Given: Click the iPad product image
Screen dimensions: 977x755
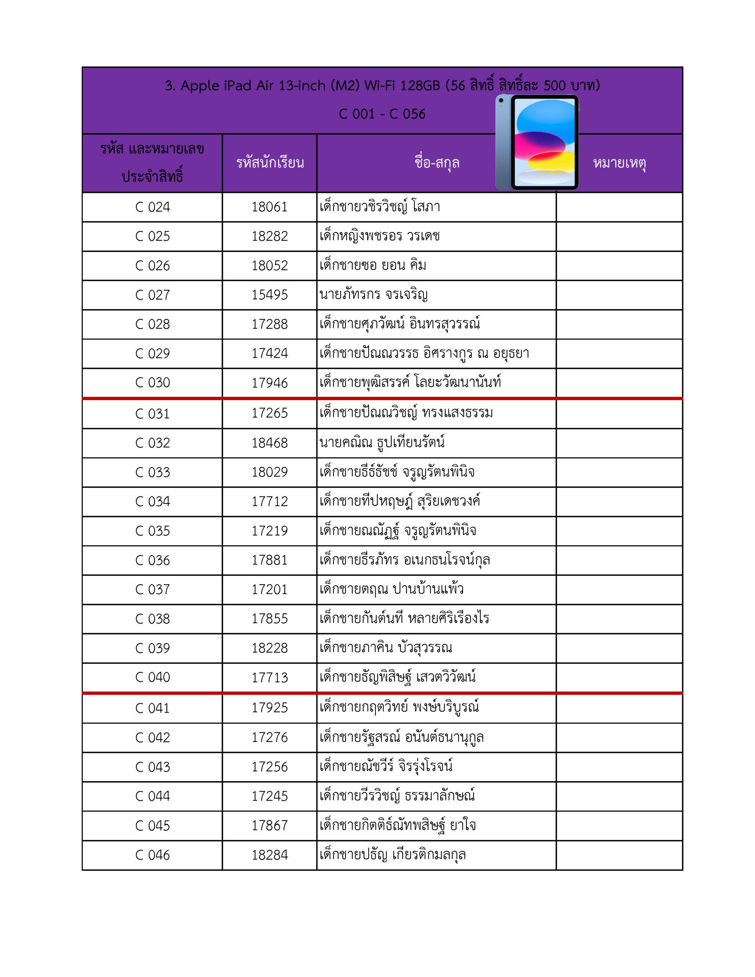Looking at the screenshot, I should click(537, 142).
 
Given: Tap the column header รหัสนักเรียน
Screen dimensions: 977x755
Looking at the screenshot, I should click(270, 163).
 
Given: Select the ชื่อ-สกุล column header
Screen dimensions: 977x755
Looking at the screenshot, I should click(437, 163).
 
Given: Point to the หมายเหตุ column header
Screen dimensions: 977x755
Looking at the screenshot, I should click(619, 163).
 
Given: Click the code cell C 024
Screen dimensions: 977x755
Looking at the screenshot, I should click(153, 207).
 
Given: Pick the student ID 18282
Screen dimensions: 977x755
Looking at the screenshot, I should click(269, 236).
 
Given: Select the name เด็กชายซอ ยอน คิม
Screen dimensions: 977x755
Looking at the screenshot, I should click(373, 265).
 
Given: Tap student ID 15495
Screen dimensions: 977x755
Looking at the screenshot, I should click(269, 295).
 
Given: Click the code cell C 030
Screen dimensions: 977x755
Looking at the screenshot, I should click(153, 383).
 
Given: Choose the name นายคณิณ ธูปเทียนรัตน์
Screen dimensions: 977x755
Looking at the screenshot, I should click(382, 442).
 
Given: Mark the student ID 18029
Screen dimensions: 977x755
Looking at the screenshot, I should click(269, 472).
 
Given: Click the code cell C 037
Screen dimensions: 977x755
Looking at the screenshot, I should click(153, 590).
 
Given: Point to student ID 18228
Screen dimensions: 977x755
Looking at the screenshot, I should click(269, 648).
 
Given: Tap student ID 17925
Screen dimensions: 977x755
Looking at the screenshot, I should click(269, 708).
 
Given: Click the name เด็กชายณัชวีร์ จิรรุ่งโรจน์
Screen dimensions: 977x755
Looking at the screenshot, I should click(386, 766).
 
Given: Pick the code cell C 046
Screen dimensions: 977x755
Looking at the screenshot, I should click(153, 855).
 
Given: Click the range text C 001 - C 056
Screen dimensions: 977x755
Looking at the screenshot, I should click(382, 114).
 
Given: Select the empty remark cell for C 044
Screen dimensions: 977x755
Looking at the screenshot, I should click(619, 796).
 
